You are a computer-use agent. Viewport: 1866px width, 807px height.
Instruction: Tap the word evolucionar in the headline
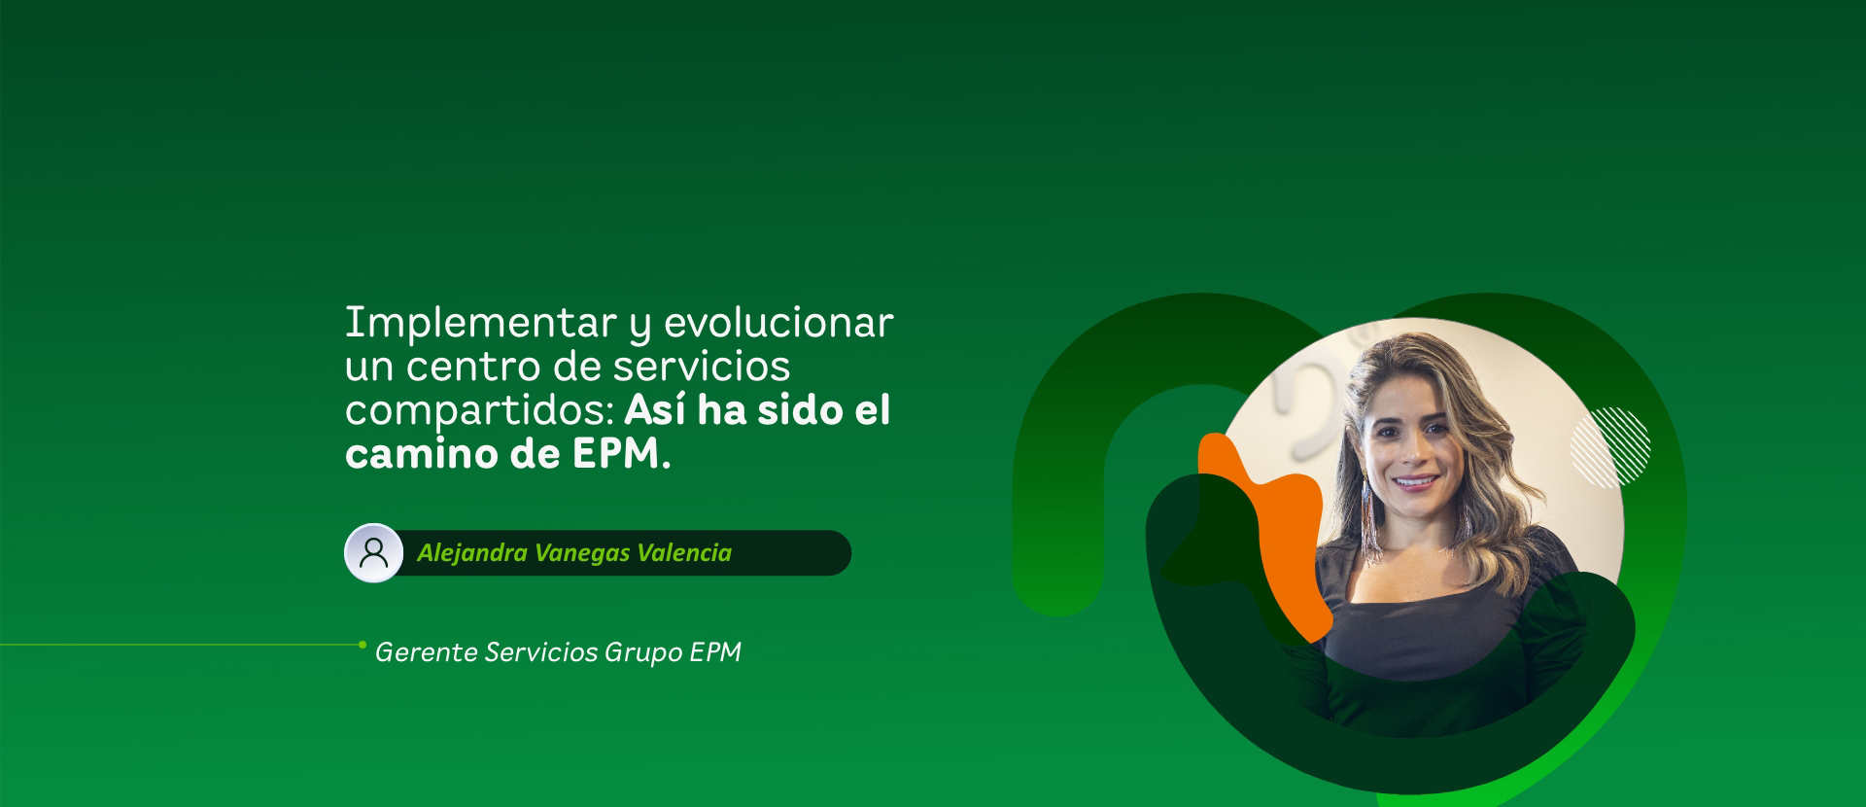pyautogui.click(x=777, y=323)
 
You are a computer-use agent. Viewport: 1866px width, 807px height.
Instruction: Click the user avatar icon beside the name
pyautogui.click(x=374, y=553)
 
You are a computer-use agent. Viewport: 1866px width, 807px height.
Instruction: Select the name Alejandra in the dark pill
pyautogui.click(x=473, y=553)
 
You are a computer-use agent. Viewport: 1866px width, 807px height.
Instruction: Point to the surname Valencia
pyautogui.click(x=684, y=553)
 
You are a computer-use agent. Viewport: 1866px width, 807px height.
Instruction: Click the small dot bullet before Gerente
pyautogui.click(x=363, y=645)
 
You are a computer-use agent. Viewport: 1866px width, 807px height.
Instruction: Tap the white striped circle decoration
pyautogui.click(x=1610, y=447)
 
